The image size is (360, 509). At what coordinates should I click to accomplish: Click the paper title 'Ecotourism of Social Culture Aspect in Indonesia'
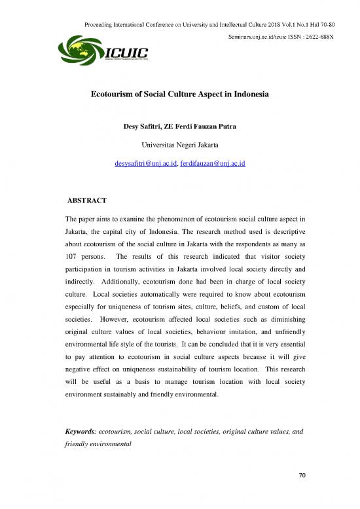180,94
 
